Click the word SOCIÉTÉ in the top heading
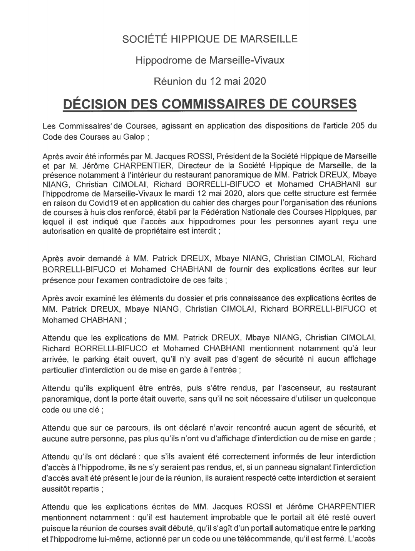[140, 39]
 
